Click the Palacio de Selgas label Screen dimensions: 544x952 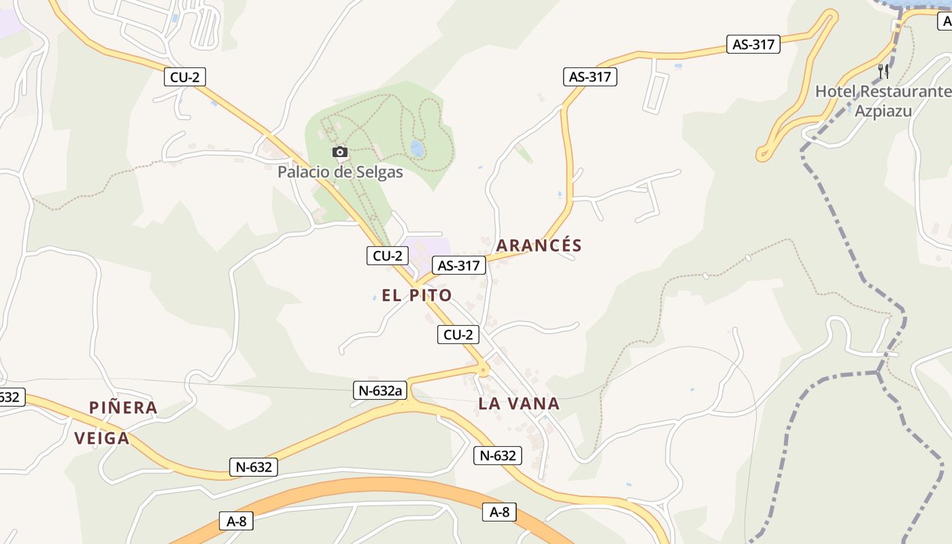(x=340, y=172)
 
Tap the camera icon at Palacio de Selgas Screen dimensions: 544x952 (x=340, y=152)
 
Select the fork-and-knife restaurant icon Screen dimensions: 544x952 (x=883, y=71)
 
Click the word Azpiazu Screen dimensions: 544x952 (x=883, y=110)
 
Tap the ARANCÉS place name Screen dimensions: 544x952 (x=539, y=245)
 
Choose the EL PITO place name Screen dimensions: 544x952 (x=417, y=295)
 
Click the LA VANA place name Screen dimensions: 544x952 (x=519, y=403)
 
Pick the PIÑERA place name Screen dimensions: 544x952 (x=123, y=407)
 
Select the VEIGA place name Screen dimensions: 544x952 (x=102, y=438)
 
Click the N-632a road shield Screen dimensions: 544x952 (x=381, y=390)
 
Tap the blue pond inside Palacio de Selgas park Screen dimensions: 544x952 (x=417, y=148)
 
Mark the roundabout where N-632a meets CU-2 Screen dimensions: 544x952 (x=483, y=371)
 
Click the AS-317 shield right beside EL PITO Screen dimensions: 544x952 (x=459, y=265)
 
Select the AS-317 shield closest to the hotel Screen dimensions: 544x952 (x=753, y=45)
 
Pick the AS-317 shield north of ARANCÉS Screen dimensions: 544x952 (x=590, y=77)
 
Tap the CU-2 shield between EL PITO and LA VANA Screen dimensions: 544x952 (x=458, y=335)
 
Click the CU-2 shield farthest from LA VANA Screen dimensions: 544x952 (x=184, y=78)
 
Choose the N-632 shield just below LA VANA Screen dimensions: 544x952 (x=498, y=456)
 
